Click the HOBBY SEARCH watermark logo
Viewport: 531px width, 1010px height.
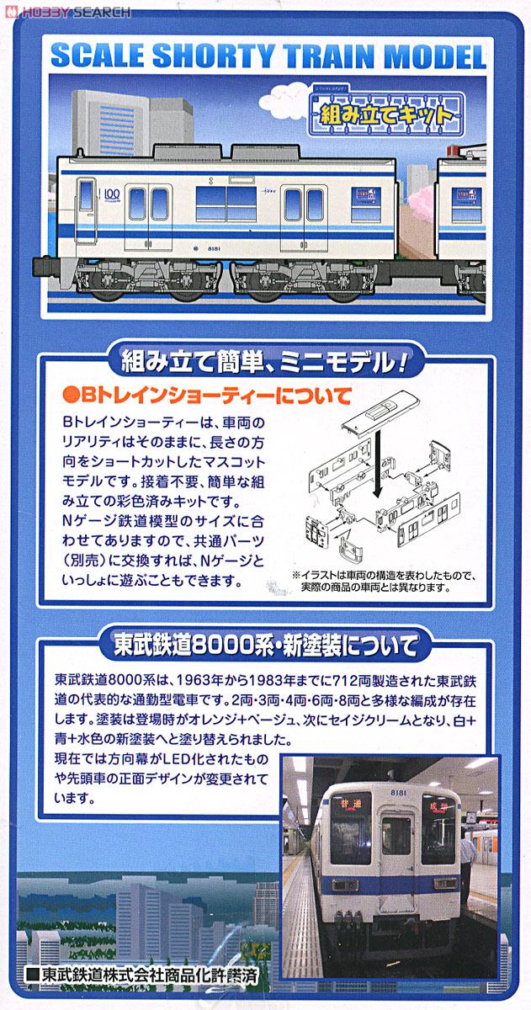point(67,11)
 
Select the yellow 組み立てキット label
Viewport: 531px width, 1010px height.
point(386,113)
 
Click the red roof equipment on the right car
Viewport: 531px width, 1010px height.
point(464,154)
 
